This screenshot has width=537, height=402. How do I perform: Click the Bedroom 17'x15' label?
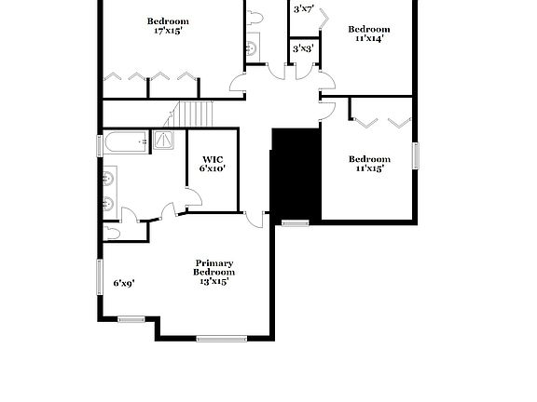[168, 26]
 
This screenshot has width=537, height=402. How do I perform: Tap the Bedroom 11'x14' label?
[368, 33]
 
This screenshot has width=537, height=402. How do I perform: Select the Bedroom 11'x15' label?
[368, 163]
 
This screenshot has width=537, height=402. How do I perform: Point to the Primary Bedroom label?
[213, 272]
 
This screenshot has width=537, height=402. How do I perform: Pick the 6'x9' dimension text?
[124, 283]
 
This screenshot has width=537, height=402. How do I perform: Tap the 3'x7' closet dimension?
[303, 9]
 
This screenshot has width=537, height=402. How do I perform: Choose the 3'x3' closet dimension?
[302, 48]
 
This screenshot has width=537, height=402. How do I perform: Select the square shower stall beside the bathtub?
[164, 141]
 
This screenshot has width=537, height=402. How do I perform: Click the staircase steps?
[197, 114]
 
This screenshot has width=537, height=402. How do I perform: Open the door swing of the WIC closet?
[193, 197]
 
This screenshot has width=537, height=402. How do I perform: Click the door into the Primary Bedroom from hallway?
[254, 220]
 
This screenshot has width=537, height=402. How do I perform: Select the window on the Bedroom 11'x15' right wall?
[417, 155]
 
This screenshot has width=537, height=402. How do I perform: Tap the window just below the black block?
[295, 222]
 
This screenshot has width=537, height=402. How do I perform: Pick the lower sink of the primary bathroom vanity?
[109, 205]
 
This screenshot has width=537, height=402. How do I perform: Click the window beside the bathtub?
[101, 145]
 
